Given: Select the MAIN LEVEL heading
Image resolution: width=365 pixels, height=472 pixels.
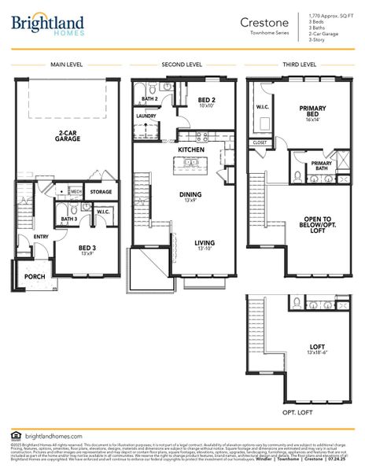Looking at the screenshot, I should point(67,65).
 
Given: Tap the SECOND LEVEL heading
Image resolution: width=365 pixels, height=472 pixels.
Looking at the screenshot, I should point(182,65).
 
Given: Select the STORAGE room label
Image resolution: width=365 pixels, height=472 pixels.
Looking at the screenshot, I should point(101,191).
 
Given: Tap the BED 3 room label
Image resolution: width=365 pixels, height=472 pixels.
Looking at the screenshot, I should point(87,251).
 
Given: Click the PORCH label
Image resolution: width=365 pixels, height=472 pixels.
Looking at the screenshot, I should point(34,277).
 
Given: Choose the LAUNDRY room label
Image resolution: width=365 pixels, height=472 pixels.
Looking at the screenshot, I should point(146,116).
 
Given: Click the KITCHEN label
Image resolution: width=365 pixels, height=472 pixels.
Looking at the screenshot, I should point(190,149).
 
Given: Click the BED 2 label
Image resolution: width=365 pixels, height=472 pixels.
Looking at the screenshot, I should point(207,101).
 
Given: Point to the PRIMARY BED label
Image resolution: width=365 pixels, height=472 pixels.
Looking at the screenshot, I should point(312,112).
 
